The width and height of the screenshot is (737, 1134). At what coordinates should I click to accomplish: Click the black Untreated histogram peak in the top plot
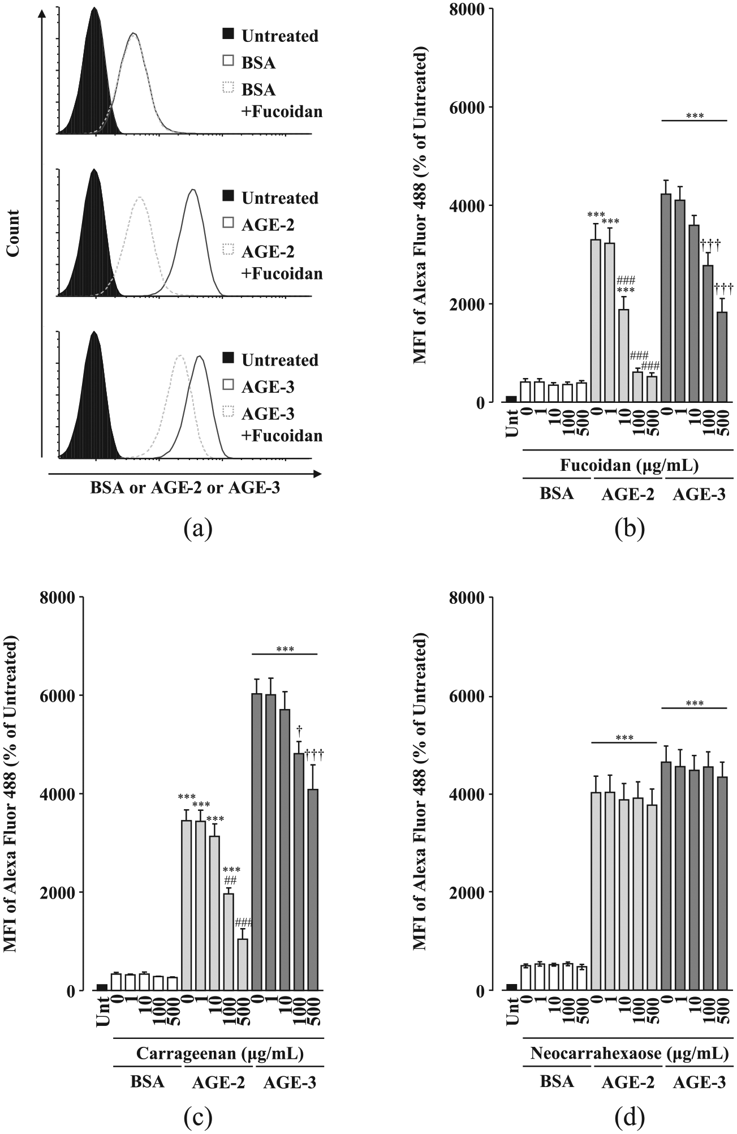pos(94,8)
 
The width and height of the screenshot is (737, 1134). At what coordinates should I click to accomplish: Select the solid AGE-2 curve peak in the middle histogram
pos(193,190)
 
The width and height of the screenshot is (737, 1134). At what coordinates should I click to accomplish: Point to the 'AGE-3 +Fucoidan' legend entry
pos(273,424)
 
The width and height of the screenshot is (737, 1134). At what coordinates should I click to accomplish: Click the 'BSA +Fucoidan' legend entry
pos(273,100)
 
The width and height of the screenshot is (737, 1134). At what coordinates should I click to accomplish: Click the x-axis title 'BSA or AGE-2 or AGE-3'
pos(185,488)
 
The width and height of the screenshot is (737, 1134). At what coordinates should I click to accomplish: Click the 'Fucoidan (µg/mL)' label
pos(629,466)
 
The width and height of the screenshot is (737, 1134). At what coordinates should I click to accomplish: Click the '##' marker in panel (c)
pos(230,880)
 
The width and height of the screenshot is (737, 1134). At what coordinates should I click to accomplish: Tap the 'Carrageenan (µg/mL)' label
pos(219,1054)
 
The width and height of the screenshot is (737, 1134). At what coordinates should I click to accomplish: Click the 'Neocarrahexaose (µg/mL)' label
pos(628,1054)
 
